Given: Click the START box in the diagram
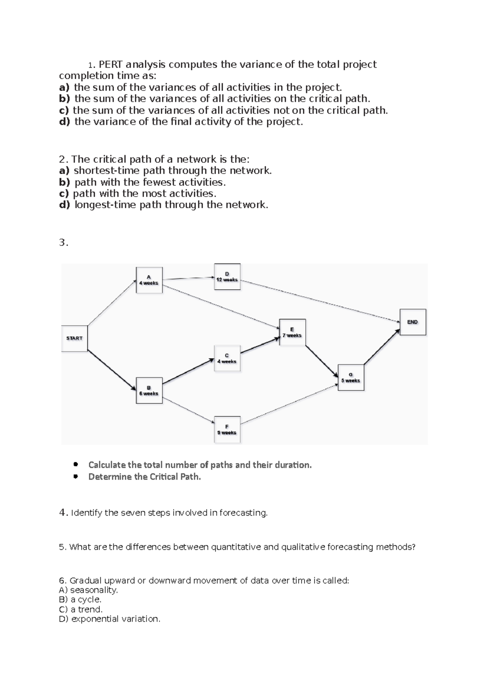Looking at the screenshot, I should click(74, 338).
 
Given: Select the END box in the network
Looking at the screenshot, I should click(413, 322).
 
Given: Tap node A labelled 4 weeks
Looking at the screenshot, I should click(149, 280).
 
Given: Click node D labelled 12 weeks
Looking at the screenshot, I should click(227, 277).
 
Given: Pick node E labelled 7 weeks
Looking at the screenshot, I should click(292, 332).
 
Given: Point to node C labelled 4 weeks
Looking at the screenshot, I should click(227, 358).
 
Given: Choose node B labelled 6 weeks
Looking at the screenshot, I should click(149, 390).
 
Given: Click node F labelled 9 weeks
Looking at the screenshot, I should click(227, 429).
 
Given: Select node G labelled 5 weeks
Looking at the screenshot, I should click(351, 377).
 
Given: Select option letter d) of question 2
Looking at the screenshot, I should click(65, 205).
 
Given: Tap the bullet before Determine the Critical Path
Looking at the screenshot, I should click(75, 477).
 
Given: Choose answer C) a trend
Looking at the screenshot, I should click(80, 609).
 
